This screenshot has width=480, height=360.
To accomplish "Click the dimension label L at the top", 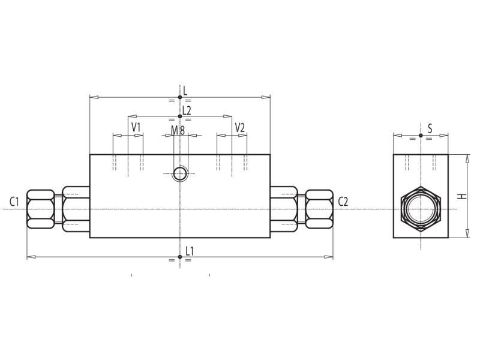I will [x=185, y=91].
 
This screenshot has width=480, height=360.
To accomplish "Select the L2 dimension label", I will [x=187, y=110].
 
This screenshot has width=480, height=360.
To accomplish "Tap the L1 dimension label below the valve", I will [x=189, y=251].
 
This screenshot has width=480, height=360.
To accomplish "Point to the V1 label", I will [x=136, y=127].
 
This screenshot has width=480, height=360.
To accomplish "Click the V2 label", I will [x=239, y=127].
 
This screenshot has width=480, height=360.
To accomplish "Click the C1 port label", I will [x=14, y=202].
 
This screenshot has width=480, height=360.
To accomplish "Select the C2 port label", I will [x=343, y=202].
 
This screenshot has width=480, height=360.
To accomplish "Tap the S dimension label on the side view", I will [x=430, y=129].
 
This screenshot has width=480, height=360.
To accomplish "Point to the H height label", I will [x=461, y=196].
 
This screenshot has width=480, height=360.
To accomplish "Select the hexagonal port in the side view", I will [x=421, y=209].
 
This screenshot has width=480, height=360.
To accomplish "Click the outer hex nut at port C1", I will [x=40, y=209].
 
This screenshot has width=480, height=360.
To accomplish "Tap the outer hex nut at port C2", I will [x=319, y=209].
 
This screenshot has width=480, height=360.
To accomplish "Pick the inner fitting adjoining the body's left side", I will [x=76, y=209].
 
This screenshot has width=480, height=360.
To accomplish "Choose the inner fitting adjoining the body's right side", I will [x=283, y=209].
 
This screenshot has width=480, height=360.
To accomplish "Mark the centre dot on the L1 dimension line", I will [x=180, y=257].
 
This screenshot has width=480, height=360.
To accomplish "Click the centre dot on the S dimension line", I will [x=421, y=136].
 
